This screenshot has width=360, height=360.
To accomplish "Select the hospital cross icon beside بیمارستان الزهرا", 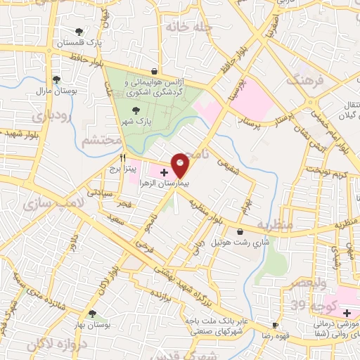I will click(163, 172).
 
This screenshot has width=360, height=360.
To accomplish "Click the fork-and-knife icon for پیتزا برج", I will click(122, 158).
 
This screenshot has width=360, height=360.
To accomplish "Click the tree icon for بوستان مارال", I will click(56, 79).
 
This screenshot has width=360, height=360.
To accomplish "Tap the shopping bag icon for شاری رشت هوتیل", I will click(240, 231).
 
